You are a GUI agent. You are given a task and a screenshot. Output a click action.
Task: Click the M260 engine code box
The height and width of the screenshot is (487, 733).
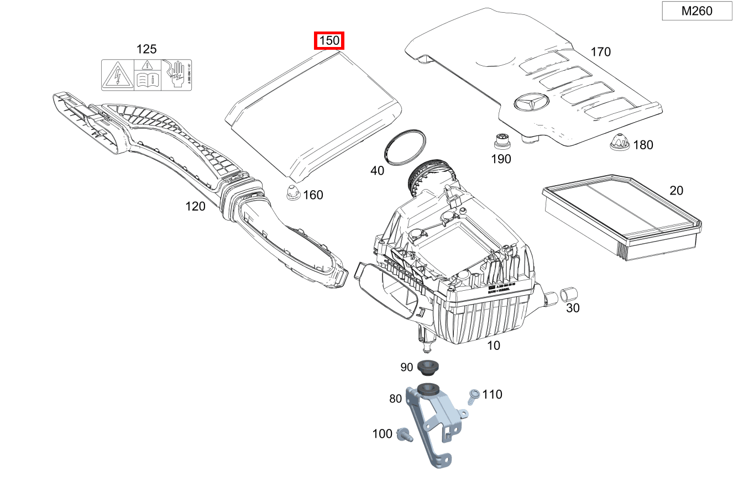(697, 11)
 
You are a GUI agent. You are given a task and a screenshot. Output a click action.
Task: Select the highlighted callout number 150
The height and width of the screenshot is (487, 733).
(329, 41)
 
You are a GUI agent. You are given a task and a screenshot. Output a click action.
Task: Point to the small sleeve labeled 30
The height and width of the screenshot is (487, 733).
(568, 294)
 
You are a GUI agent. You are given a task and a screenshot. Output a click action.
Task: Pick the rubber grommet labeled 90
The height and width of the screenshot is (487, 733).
(427, 366)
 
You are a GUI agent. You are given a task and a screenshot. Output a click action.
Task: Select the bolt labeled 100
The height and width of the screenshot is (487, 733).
(403, 435)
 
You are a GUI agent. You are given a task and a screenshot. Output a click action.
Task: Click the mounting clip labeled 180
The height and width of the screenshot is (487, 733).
(619, 143)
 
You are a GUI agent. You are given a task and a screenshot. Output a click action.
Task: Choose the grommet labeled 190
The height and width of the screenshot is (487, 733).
(501, 142)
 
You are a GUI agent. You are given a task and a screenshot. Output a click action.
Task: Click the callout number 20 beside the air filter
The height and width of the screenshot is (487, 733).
(676, 191)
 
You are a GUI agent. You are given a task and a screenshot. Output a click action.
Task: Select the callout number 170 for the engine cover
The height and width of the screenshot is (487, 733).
(600, 52)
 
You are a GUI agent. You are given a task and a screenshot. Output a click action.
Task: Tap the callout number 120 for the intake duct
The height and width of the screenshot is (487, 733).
(195, 206)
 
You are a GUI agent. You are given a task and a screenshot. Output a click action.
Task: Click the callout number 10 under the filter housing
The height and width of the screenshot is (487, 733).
(493, 345)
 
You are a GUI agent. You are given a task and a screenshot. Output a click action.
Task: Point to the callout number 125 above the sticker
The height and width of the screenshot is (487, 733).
(146, 49)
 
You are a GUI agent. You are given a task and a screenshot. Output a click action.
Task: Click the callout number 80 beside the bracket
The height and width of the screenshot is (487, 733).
(395, 398)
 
